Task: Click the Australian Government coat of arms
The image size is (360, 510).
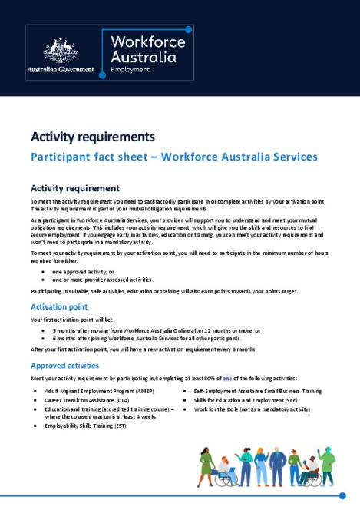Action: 59,50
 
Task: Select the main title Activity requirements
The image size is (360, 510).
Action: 92,137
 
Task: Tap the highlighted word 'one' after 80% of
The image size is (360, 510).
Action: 227,378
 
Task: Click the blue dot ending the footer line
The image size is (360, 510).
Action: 342,496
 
